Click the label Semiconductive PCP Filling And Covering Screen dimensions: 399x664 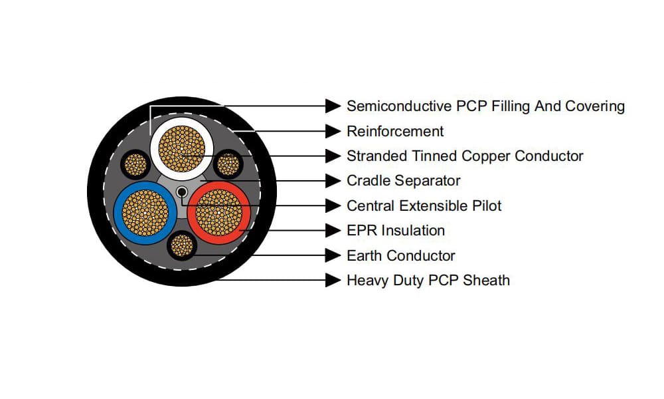pos(485,106)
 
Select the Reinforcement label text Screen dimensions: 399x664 pos(395,131)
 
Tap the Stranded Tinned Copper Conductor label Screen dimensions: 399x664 pos(465,156)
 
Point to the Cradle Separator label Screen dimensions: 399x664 pos(403,181)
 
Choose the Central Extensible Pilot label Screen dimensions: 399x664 pos(424,205)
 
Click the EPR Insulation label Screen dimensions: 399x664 pos(396,231)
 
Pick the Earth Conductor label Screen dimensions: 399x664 pos(400,255)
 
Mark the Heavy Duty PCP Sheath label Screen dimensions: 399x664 pos(428,280)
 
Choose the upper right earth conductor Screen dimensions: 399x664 pos(228,163)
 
